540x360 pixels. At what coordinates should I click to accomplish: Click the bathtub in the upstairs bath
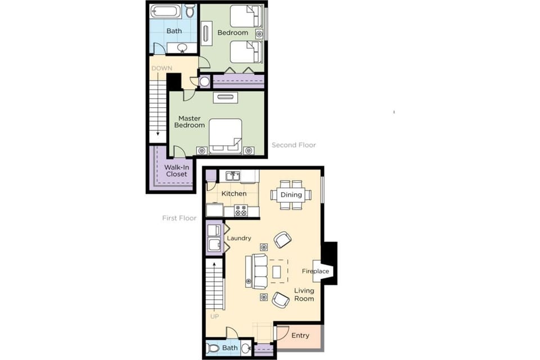pyautogui.click(x=166, y=11)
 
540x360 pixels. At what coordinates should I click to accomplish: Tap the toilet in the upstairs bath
pyautogui.click(x=190, y=10)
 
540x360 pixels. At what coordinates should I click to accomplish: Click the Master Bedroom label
pyautogui.click(x=190, y=121)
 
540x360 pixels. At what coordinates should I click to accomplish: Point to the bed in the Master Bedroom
pyautogui.click(x=226, y=136)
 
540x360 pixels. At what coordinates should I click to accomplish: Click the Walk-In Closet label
pyautogui.click(x=175, y=170)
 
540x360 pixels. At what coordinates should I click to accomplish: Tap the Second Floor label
pyautogui.click(x=294, y=145)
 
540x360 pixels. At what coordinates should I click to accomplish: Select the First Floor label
pyautogui.click(x=179, y=218)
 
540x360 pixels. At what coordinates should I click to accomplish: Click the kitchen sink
pyautogui.click(x=233, y=176)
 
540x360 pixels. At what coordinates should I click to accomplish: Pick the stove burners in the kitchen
pyautogui.click(x=241, y=211)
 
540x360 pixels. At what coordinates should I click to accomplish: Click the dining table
pyautogui.click(x=291, y=195)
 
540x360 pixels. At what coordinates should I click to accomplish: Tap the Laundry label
pyautogui.click(x=239, y=238)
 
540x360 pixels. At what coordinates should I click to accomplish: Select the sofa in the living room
pyautogui.click(x=259, y=271)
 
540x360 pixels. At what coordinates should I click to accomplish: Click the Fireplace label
pyautogui.click(x=316, y=272)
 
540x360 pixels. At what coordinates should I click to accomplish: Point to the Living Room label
pyautogui.click(x=304, y=294)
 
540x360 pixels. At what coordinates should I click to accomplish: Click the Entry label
pyautogui.click(x=300, y=336)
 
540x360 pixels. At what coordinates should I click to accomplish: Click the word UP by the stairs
pyautogui.click(x=214, y=317)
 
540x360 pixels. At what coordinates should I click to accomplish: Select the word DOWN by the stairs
pyautogui.click(x=161, y=69)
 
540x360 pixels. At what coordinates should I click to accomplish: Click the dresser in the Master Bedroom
pyautogui.click(x=225, y=97)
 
